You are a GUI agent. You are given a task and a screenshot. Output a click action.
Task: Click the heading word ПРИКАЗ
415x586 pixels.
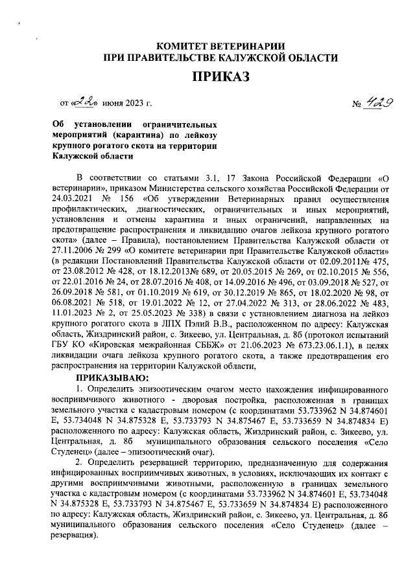(x=220, y=78)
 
